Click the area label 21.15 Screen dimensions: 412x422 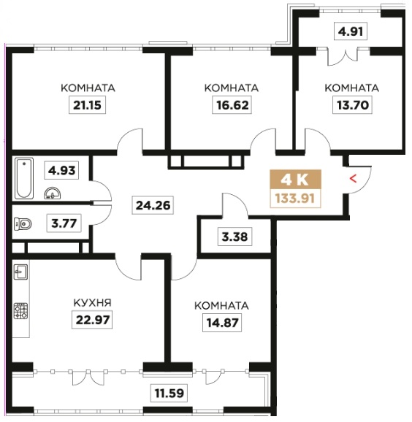click(87, 105)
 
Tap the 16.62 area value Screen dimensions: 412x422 click(232, 105)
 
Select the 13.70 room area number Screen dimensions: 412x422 click(353, 105)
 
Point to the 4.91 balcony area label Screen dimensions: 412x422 click(351, 31)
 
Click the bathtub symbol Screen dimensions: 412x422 click(24, 178)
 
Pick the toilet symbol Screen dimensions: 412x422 click(23, 223)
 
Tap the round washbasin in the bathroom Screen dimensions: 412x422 click(53, 193)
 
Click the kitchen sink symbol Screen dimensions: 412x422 click(20, 272)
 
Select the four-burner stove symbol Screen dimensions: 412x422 click(21, 310)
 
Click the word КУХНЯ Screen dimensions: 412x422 click(92, 303)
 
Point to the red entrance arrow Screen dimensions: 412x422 click(353, 178)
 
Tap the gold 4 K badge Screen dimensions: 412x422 click(295, 180)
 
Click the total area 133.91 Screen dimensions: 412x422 click(295, 199)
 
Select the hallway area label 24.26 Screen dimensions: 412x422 click(153, 206)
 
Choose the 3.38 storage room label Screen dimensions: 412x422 click(234, 237)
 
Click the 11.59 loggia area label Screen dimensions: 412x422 click(169, 394)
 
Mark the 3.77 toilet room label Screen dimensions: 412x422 click(64, 223)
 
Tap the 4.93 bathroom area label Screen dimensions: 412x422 click(61, 170)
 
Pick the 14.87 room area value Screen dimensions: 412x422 click(222, 323)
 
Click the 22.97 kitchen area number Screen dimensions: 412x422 click(92, 320)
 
